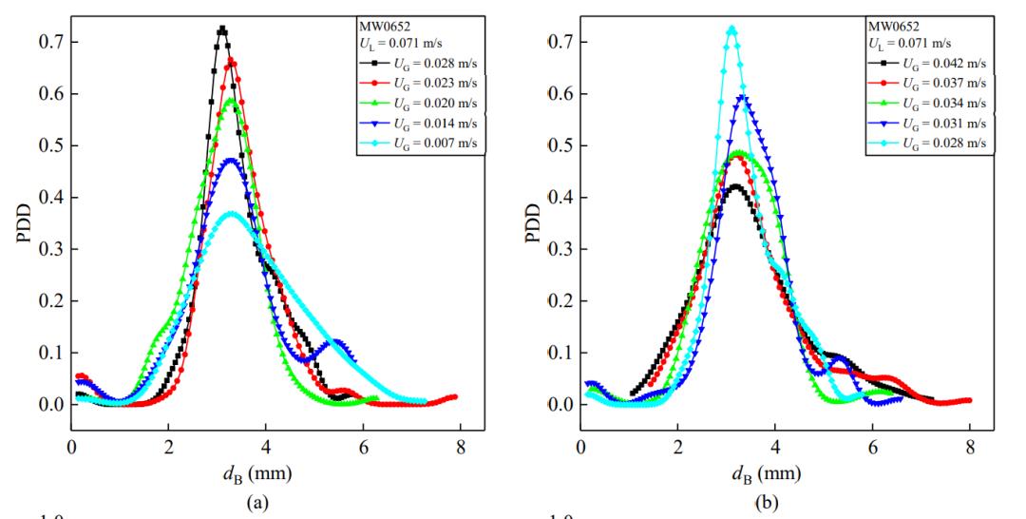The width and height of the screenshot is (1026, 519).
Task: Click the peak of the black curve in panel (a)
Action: click(x=222, y=29)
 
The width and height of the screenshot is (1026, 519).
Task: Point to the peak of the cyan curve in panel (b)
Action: click(x=731, y=29)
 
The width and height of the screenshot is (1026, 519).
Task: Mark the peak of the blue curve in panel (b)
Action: click(x=745, y=97)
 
